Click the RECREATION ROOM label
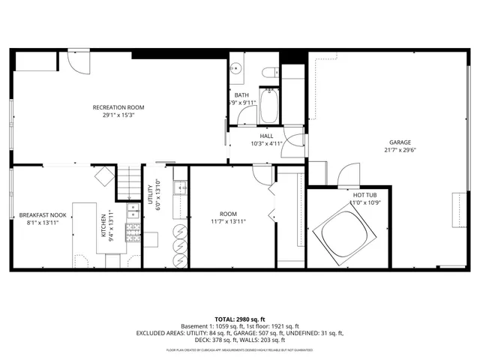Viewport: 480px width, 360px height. point(118,107)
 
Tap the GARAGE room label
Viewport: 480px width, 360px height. point(400,142)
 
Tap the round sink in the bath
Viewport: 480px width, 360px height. point(237,70)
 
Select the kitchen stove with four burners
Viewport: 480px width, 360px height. point(132,232)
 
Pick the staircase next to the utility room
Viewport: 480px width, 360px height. point(130,180)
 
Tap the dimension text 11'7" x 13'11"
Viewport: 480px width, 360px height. point(227,221)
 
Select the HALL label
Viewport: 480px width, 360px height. point(267,136)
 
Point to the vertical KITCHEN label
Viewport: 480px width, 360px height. point(103,225)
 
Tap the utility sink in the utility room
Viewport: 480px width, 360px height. point(180,187)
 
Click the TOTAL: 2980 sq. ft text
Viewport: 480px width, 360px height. point(240,319)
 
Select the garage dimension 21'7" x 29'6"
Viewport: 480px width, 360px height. point(400,150)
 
